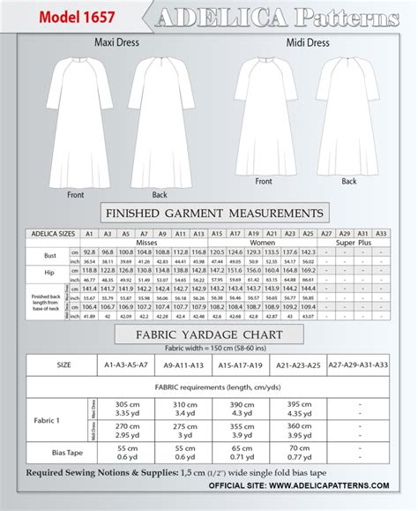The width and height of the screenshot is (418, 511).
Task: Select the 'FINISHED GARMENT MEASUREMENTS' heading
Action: point(213,213)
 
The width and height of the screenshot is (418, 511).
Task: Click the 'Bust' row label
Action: point(35,256)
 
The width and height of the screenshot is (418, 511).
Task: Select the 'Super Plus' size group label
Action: point(350,242)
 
